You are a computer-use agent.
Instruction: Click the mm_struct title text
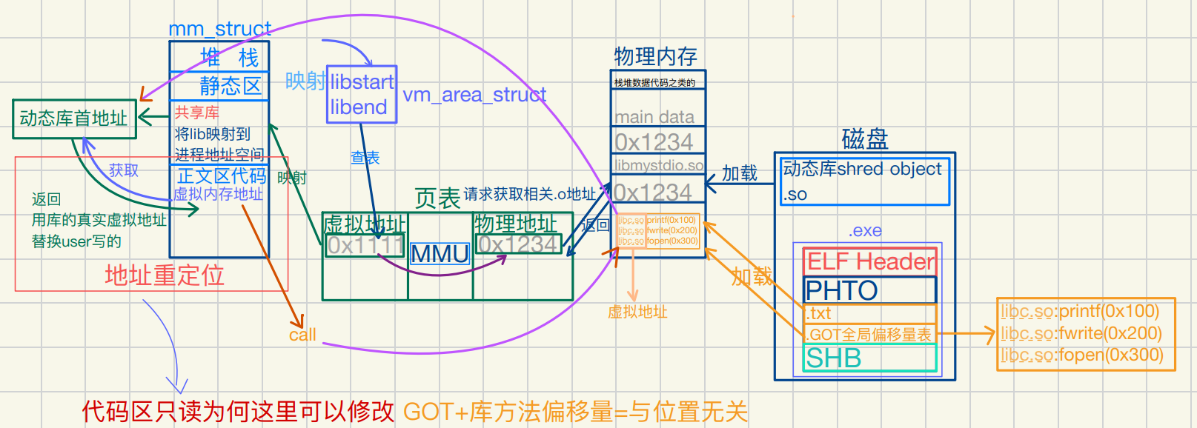[219, 29]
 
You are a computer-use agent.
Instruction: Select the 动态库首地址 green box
[74, 118]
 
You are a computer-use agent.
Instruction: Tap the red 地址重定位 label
[164, 275]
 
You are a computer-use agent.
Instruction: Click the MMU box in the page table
[440, 254]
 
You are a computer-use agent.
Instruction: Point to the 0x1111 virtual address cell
[365, 245]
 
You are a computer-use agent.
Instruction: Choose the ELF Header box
[869, 261]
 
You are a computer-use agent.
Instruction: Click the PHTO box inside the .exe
[869, 290]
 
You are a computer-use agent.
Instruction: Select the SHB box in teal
[869, 358]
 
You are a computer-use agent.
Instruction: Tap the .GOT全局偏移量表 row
[869, 334]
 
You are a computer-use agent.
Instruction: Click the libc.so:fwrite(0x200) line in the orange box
[1081, 333]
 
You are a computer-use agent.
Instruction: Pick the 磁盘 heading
[864, 138]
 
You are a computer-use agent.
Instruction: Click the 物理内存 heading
[655, 56]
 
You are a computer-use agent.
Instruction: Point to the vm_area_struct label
[474, 95]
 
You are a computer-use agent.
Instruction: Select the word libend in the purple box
[359, 107]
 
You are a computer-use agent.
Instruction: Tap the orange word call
[302, 335]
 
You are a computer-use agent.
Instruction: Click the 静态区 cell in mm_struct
[230, 86]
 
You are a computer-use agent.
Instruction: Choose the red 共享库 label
[196, 113]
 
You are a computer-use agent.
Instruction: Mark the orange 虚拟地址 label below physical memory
[637, 312]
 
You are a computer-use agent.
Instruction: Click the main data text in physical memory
[654, 117]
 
